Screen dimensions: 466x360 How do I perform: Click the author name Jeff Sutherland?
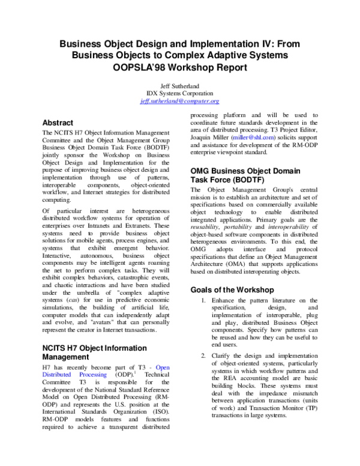click(x=179, y=85)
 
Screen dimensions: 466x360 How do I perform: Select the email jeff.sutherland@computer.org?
click(x=179, y=101)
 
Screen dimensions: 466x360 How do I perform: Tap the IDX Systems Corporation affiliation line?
click(x=179, y=94)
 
